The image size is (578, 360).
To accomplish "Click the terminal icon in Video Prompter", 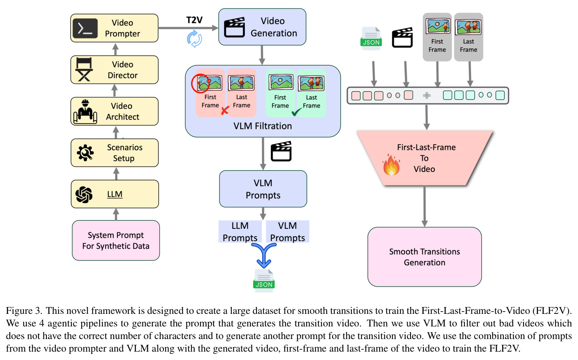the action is (x=85, y=28).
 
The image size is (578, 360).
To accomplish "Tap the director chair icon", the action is (x=84, y=69).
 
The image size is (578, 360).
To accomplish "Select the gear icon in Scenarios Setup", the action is (x=85, y=153).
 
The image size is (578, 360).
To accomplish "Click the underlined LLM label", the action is (x=115, y=194).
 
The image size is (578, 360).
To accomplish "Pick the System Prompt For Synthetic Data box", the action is (x=116, y=240).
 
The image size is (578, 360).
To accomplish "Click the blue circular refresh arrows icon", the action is (x=194, y=39).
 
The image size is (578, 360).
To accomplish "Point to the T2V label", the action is (x=194, y=20).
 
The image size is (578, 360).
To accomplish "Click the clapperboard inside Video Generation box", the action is (x=234, y=27).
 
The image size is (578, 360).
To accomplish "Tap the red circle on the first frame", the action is (x=200, y=84).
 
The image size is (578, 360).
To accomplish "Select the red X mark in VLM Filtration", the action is (x=225, y=110).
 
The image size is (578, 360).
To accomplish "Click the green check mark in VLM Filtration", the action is (x=297, y=112).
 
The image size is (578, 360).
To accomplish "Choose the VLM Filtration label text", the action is (x=263, y=126).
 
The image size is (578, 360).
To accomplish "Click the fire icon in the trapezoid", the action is (x=391, y=165).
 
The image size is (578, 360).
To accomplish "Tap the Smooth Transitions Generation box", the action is (x=424, y=257).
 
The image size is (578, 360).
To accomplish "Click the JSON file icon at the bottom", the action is (x=264, y=281).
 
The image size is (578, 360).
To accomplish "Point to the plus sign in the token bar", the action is (x=427, y=95).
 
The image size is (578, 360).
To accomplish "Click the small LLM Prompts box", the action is (x=240, y=231).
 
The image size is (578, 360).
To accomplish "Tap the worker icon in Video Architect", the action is (x=85, y=111).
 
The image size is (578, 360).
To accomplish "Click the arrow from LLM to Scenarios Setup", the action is (x=116, y=174).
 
